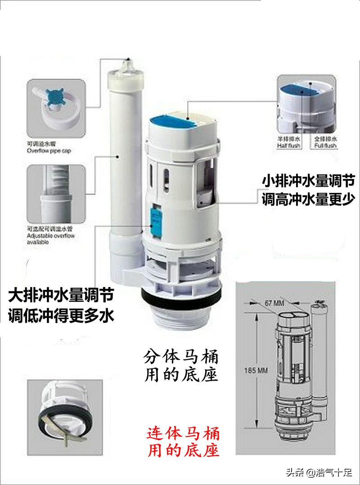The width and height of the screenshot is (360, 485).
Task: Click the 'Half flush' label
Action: (x=288, y=143)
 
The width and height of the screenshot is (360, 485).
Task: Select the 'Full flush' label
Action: (x=325, y=143)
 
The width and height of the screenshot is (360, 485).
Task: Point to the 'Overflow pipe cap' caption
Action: (x=49, y=148)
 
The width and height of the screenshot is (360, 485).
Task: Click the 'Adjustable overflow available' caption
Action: (x=51, y=236)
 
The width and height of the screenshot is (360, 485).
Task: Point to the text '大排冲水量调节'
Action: (x=61, y=296)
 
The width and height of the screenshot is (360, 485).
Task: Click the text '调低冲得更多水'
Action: (x=61, y=315)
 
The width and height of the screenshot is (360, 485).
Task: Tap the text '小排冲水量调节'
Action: (x=308, y=181)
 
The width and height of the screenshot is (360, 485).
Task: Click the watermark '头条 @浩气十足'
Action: (x=320, y=473)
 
